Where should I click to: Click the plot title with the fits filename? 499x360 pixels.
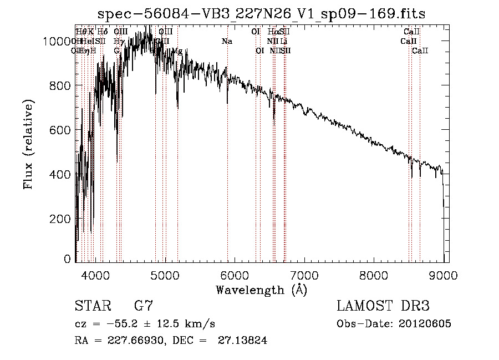(x=261, y=14)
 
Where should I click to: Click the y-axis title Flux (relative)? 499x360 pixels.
(x=28, y=144)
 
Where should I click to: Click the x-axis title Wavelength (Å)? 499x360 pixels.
(x=261, y=290)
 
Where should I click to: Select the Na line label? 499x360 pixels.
(x=227, y=41)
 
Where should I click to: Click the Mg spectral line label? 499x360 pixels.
(x=177, y=50)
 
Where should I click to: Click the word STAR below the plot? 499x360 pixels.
(x=91, y=306)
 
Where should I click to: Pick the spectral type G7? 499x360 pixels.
(x=143, y=306)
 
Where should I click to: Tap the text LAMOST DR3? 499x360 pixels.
(x=383, y=306)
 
